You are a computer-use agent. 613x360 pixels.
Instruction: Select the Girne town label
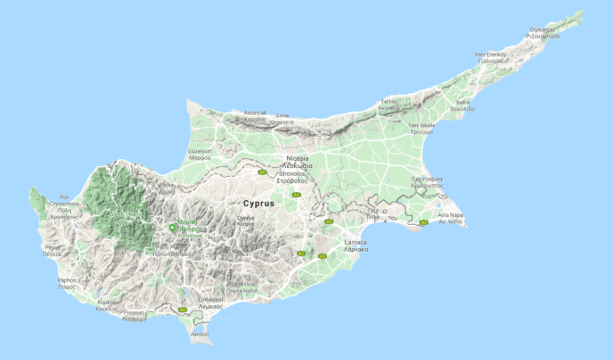coord(282,116)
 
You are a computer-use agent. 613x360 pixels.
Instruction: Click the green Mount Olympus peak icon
coord(172,227)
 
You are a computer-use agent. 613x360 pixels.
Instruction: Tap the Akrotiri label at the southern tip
coord(199,334)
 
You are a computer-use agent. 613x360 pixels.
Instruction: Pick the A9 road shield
coord(262,172)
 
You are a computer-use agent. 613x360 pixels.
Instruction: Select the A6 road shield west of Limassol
coord(182,309)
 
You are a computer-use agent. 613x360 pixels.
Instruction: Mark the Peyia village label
coord(53,249)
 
